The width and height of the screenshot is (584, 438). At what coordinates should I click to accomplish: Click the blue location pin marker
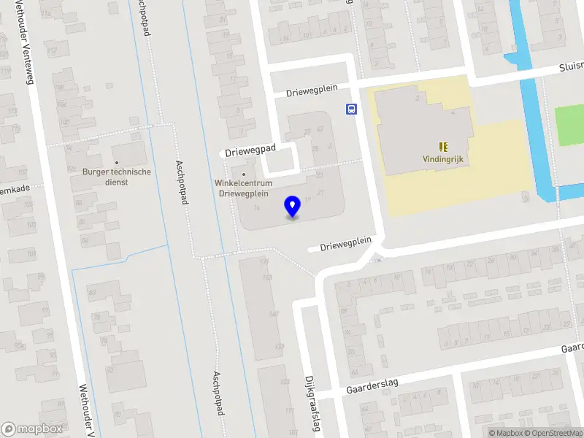pyautogui.click(x=293, y=206)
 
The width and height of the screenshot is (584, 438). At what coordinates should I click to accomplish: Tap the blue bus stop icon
pyautogui.click(x=352, y=109)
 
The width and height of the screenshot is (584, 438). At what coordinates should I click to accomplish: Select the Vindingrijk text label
pyautogui.click(x=443, y=158)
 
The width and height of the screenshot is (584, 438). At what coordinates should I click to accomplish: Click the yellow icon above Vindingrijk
pyautogui.click(x=443, y=146)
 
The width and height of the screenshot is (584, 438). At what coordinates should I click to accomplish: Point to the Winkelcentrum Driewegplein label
pyautogui.click(x=243, y=188)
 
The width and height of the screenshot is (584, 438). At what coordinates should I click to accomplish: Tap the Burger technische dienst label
pyautogui.click(x=116, y=177)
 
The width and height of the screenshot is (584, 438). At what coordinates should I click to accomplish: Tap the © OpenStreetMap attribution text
pyautogui.click(x=553, y=433)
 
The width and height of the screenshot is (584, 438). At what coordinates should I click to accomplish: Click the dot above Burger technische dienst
pyautogui.click(x=116, y=163)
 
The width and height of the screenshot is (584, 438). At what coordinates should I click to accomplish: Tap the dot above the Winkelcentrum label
pyautogui.click(x=243, y=174)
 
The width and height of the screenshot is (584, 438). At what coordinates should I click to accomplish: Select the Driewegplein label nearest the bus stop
pyautogui.click(x=312, y=90)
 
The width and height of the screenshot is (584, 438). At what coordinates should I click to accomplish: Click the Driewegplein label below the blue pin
pyautogui.click(x=345, y=242)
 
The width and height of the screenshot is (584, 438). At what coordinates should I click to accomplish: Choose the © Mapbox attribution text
pyautogui.click(x=507, y=433)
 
